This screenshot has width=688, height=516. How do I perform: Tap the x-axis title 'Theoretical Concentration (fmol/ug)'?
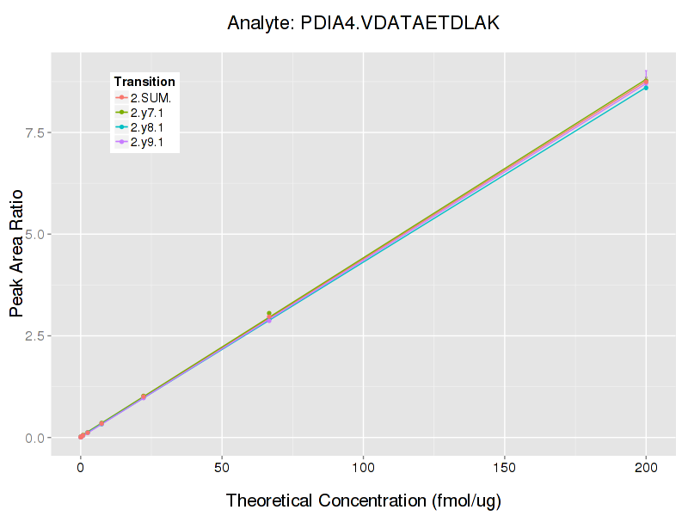pos(363,501)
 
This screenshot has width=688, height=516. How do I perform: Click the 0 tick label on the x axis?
pos(81,469)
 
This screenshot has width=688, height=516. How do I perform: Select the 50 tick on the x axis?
pos(222,469)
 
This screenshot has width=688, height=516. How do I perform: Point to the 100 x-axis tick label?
pos(363,469)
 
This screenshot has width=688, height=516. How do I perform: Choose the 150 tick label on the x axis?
pos(504,469)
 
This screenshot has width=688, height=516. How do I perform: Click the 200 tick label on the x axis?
pos(646,469)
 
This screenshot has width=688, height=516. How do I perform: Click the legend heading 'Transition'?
pos(144,82)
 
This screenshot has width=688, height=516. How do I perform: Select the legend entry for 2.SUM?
pos(150,98)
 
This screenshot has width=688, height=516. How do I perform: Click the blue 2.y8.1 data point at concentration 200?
pos(646,88)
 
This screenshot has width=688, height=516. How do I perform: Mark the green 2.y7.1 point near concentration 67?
pos(269,314)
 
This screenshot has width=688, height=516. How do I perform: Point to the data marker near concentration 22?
pos(144,396)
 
